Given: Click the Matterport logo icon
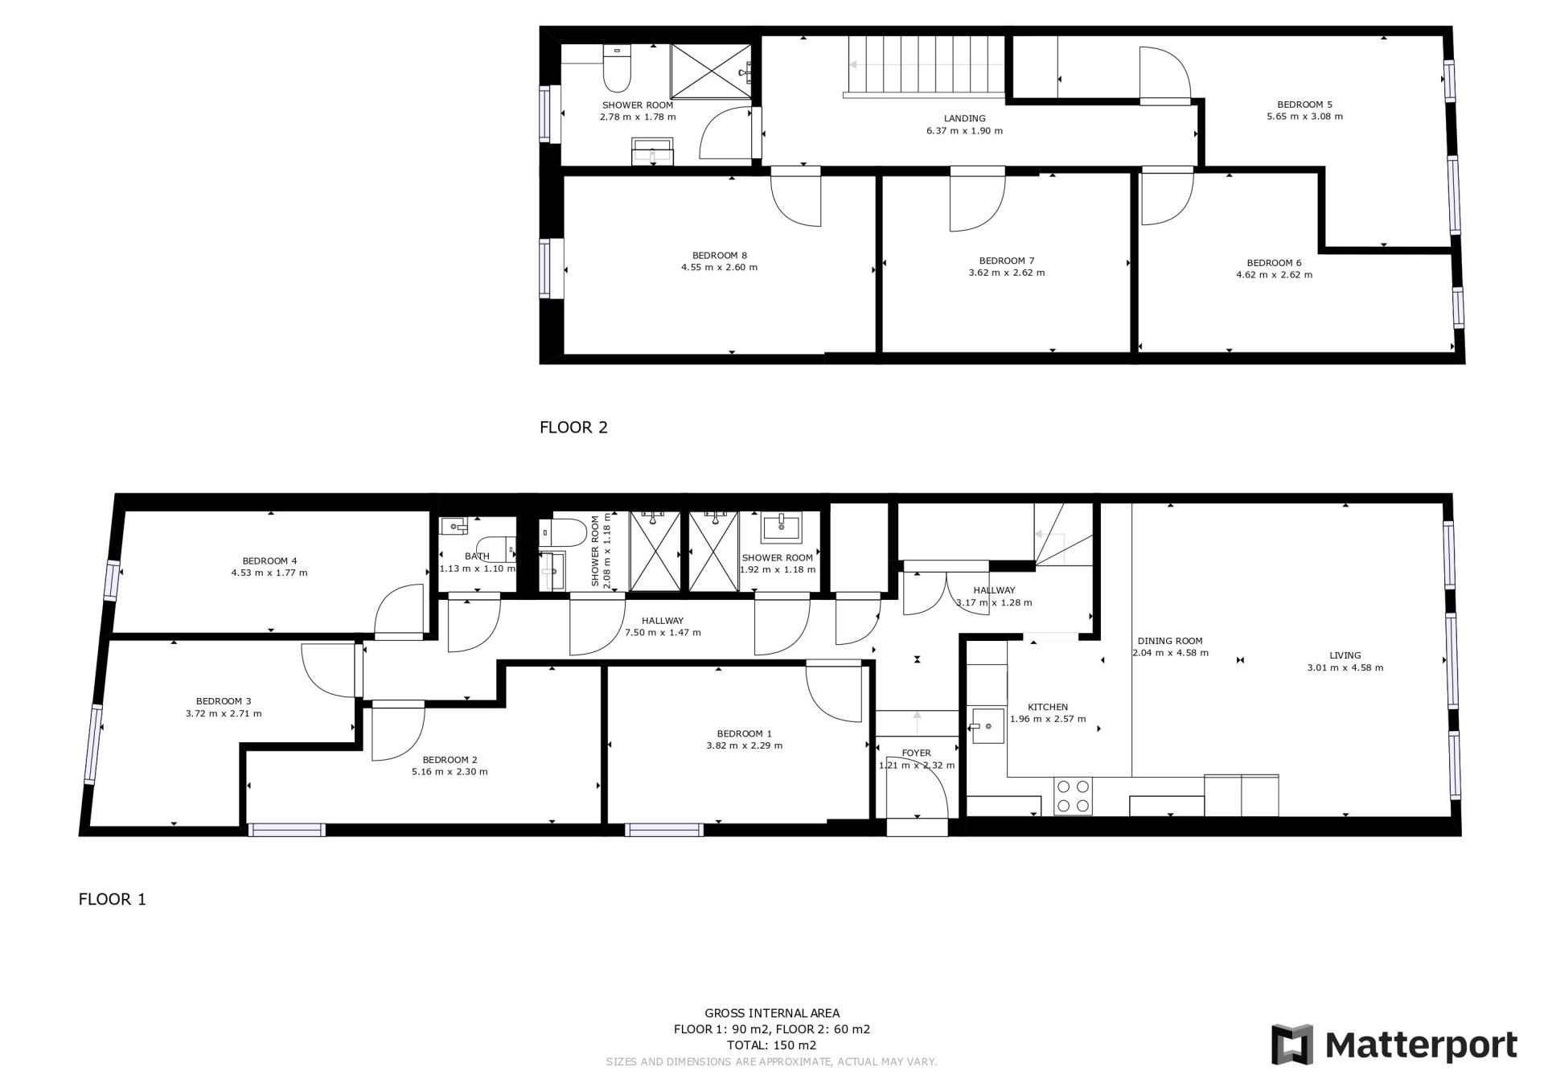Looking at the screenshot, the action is tap(1291, 1045).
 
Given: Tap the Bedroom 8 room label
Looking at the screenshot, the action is tap(719, 256).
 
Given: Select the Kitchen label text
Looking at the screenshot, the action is tap(1048, 707).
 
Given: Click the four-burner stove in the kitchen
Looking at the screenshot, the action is tap(1073, 796).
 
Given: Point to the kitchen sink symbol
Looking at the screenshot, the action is tap(988, 726).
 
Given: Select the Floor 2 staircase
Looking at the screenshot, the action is tap(925, 66).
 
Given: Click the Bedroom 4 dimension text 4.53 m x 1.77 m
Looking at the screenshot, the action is tap(269, 573).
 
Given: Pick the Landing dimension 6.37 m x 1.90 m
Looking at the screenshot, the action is tap(964, 130).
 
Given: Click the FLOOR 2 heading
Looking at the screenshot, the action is tap(573, 427).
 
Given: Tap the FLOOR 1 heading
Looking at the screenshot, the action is tap(113, 899).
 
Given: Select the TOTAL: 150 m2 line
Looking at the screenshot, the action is tap(771, 1045).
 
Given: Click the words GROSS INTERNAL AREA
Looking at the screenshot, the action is tap(772, 1013).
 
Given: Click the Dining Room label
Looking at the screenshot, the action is tap(1170, 641).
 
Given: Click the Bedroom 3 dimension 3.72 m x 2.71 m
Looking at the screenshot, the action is tap(223, 713).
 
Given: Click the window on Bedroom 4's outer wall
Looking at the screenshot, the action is tap(112, 580).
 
